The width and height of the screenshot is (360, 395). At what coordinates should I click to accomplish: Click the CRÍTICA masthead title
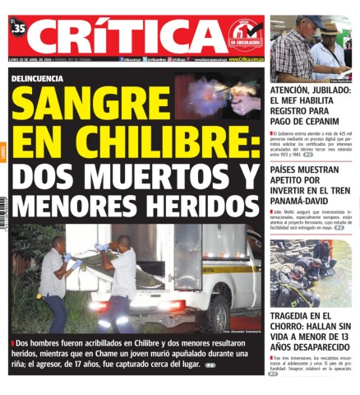point(132,35)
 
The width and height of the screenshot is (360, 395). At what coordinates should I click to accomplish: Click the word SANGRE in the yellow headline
point(89,105)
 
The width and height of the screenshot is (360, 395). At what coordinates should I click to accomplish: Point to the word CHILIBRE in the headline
point(165,142)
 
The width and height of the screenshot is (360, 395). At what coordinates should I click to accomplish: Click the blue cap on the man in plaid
point(312,21)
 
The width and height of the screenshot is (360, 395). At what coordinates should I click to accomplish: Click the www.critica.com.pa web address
point(246,59)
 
